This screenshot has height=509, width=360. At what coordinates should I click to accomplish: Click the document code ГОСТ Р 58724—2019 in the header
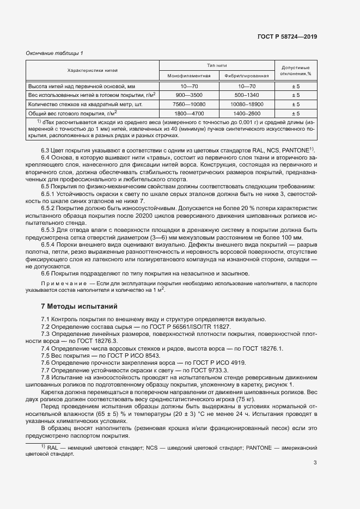point(287,36)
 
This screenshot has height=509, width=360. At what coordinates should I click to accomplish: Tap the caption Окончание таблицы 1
point(54,53)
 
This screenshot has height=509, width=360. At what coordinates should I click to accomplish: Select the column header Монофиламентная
point(188,75)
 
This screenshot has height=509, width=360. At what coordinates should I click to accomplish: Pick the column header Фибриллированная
point(246,75)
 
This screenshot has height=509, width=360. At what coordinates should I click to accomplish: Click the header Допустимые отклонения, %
point(295,69)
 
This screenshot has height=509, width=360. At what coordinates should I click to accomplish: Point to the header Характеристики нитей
point(93,71)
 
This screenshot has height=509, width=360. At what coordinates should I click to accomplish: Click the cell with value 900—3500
point(188,95)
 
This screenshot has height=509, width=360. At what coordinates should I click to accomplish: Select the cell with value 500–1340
point(246,95)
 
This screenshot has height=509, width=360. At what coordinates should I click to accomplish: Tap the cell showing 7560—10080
point(188,104)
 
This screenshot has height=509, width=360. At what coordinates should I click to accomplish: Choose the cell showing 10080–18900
point(246,104)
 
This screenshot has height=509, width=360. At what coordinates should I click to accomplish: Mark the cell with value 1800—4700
point(188,113)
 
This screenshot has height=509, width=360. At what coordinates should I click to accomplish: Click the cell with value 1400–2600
point(246,113)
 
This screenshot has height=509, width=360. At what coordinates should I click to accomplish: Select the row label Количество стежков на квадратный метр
point(84,104)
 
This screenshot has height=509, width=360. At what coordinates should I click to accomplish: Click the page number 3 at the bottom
point(315,463)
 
